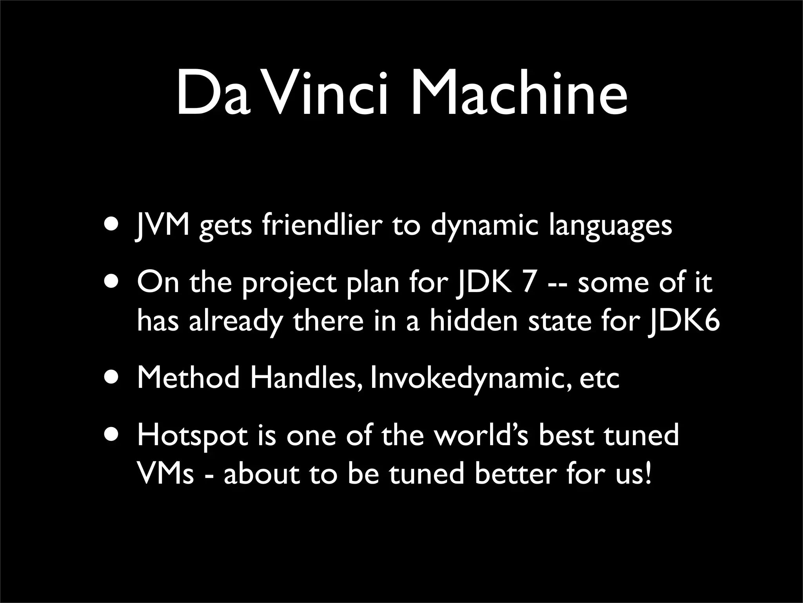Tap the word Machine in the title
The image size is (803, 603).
518,94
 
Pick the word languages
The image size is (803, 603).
610,226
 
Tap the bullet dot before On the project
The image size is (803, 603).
113,281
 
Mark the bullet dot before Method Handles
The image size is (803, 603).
113,377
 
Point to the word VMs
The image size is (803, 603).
165,473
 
